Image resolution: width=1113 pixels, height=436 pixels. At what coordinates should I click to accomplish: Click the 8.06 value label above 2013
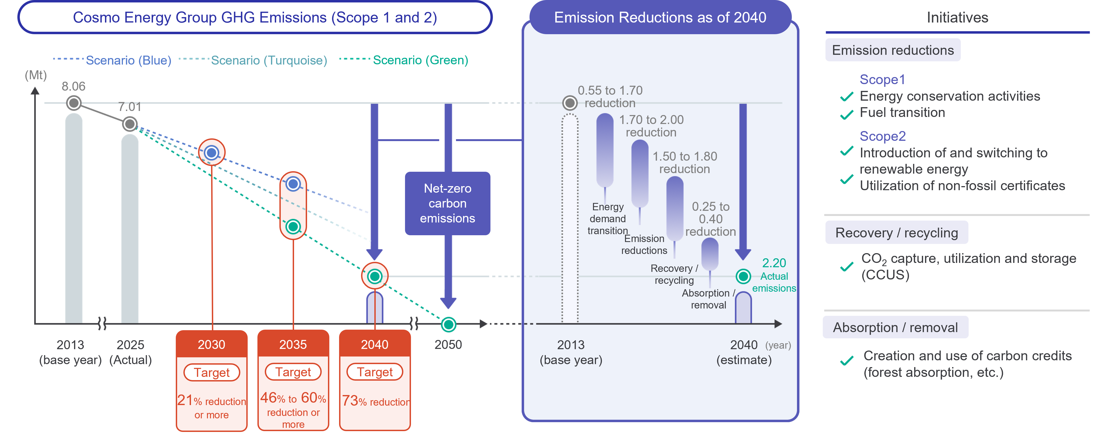[x=74, y=87]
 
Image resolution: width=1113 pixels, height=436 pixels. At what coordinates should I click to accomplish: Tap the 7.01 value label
[x=130, y=107]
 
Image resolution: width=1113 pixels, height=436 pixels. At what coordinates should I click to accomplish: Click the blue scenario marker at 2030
[x=212, y=152]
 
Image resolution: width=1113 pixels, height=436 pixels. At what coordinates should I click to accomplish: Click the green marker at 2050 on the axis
[x=448, y=324]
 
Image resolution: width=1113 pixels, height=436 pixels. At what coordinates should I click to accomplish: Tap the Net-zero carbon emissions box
[x=448, y=203]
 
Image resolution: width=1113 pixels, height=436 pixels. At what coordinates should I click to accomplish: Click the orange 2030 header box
[x=212, y=344]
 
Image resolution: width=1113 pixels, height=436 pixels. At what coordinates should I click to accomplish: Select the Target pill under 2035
[x=293, y=372]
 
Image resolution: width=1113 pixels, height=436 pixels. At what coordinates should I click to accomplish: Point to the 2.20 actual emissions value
[x=774, y=263]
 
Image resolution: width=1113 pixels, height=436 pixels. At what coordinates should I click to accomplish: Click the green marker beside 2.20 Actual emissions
[x=743, y=276]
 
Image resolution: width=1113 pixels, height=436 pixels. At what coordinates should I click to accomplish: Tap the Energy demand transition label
[x=608, y=219]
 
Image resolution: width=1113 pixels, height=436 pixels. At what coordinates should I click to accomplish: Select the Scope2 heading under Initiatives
[x=882, y=136]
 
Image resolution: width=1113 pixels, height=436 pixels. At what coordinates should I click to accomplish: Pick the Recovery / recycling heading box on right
[x=897, y=233]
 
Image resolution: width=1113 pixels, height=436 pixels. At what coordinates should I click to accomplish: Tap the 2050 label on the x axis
[x=448, y=344]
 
